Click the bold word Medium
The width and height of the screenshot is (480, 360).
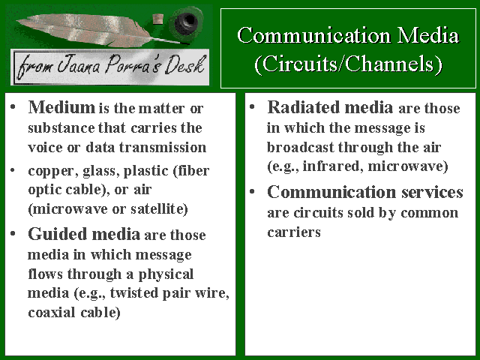(x=61, y=107)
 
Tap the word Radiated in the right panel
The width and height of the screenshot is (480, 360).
(x=304, y=107)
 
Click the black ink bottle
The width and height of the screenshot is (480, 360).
(x=186, y=22)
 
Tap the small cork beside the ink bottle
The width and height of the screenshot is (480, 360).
(x=157, y=19)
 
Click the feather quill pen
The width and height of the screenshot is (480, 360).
(x=91, y=30)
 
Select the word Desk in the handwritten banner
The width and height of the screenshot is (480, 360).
(x=184, y=65)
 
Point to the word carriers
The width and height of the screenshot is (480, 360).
(x=294, y=232)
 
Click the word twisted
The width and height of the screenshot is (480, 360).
(x=134, y=292)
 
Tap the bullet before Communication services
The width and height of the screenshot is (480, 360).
(x=252, y=192)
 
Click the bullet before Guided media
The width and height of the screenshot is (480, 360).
(x=13, y=234)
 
